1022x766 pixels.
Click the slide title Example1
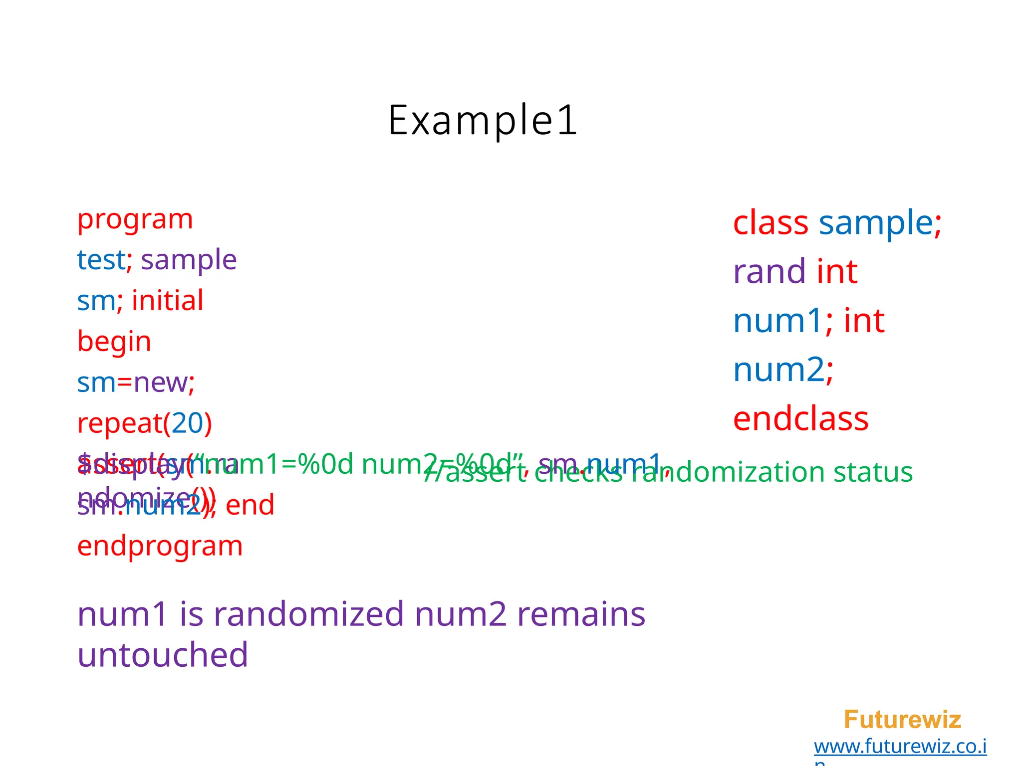[x=483, y=120]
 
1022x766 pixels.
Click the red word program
[x=135, y=219]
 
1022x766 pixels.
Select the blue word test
[x=101, y=260]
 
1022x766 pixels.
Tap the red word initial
[x=167, y=301]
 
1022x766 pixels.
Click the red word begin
[x=114, y=342]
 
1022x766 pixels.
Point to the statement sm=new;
[x=135, y=383]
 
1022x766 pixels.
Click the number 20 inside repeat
[x=187, y=423]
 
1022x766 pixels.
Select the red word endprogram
[x=160, y=546]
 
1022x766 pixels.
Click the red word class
[x=770, y=222]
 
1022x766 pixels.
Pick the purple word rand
[x=769, y=272]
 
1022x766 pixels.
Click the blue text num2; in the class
[x=783, y=370]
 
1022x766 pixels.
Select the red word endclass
[x=800, y=419]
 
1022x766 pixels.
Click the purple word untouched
[x=162, y=655]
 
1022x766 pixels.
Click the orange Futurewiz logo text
[x=902, y=720]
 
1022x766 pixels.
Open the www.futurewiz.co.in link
[x=900, y=747]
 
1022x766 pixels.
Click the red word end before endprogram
[x=250, y=505]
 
